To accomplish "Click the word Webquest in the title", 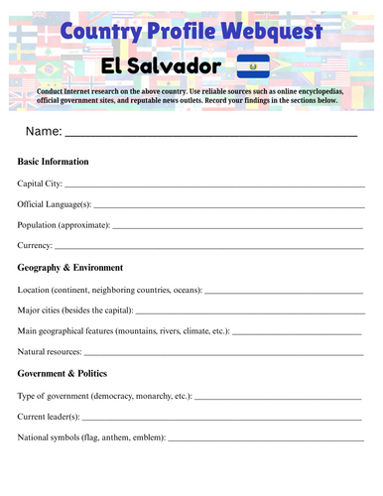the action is pyautogui.click(x=261, y=32).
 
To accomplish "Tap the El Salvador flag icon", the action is pyautogui.click(x=253, y=67).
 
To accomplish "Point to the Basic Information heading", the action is pyautogui.click(x=54, y=161).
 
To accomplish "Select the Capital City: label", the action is pyautogui.click(x=41, y=184).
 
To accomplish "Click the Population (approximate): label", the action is pyautogui.click(x=64, y=225).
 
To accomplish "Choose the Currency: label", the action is pyautogui.click(x=36, y=245).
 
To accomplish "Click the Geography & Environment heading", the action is pyautogui.click(x=70, y=268).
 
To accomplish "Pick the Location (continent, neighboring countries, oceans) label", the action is pyautogui.click(x=110, y=290).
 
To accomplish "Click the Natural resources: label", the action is pyautogui.click(x=51, y=352).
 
